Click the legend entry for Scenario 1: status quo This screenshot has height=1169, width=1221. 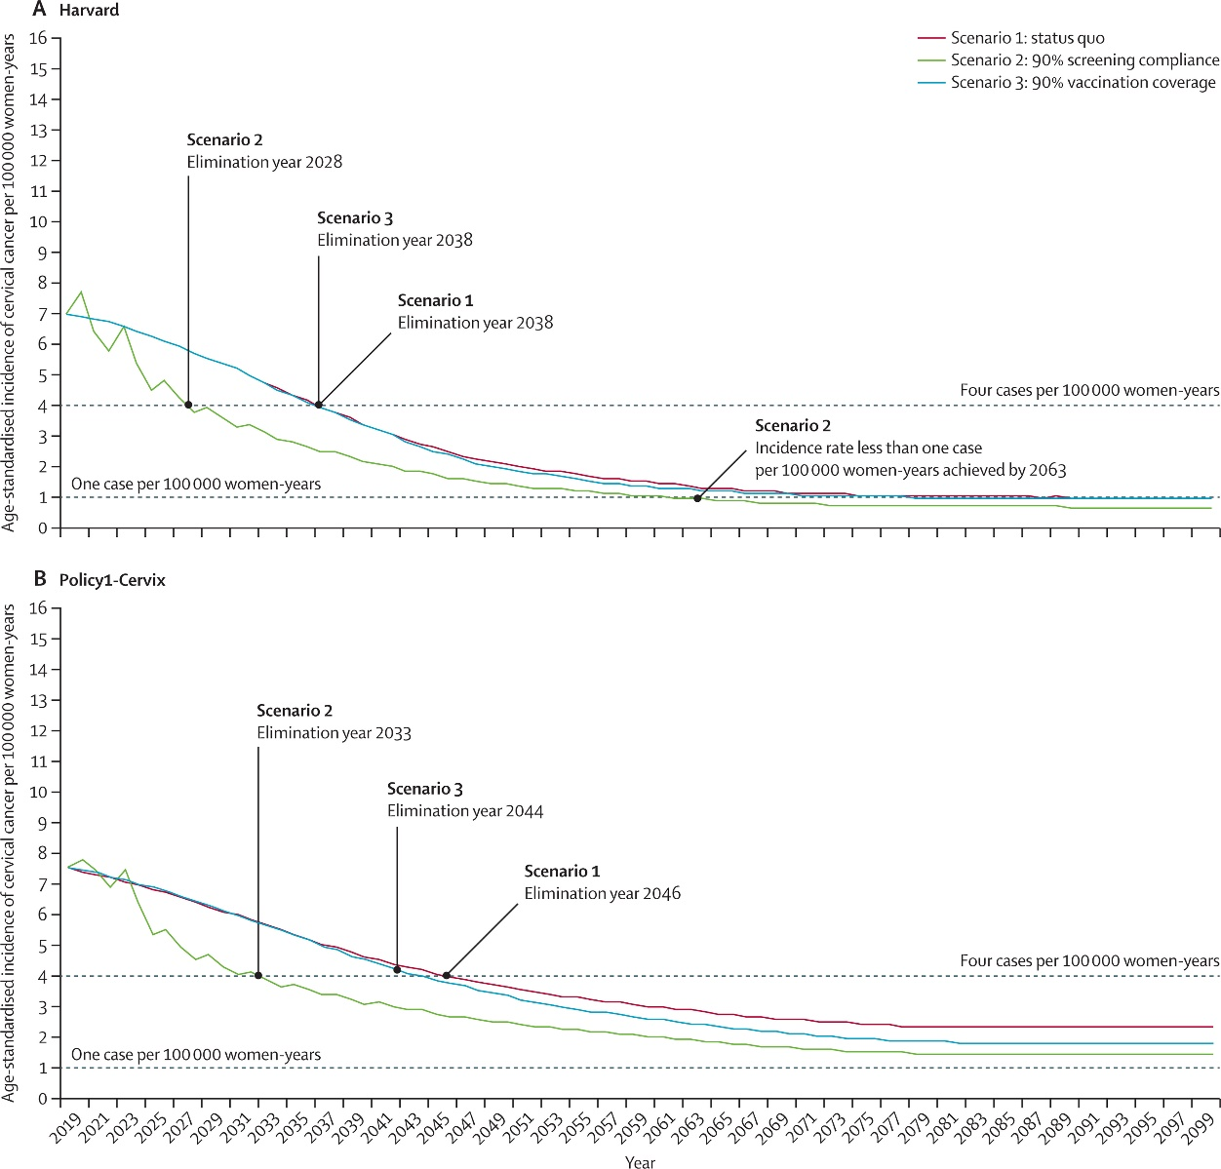(x=1028, y=38)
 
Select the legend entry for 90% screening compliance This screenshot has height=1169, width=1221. (x=1084, y=60)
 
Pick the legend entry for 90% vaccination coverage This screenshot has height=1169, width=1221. (x=1083, y=83)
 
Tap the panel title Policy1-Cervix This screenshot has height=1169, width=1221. (x=112, y=580)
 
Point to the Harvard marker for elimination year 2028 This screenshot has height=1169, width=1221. (x=188, y=405)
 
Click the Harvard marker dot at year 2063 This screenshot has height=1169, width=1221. (x=697, y=498)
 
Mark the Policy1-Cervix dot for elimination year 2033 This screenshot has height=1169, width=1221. (x=258, y=975)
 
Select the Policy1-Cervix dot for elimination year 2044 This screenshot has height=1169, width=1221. (x=397, y=969)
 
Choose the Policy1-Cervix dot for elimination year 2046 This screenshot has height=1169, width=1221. (x=447, y=975)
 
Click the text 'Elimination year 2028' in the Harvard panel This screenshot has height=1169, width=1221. (x=264, y=162)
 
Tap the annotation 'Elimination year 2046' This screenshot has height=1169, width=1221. (x=602, y=893)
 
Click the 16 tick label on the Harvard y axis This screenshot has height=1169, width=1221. (x=38, y=38)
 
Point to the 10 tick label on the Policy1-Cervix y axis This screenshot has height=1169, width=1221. (x=38, y=792)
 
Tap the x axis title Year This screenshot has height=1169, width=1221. (x=640, y=1161)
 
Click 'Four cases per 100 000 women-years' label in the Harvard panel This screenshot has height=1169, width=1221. (x=1089, y=391)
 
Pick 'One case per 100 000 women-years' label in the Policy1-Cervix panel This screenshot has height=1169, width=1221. (x=196, y=1055)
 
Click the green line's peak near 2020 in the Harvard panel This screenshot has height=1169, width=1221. (x=81, y=292)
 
